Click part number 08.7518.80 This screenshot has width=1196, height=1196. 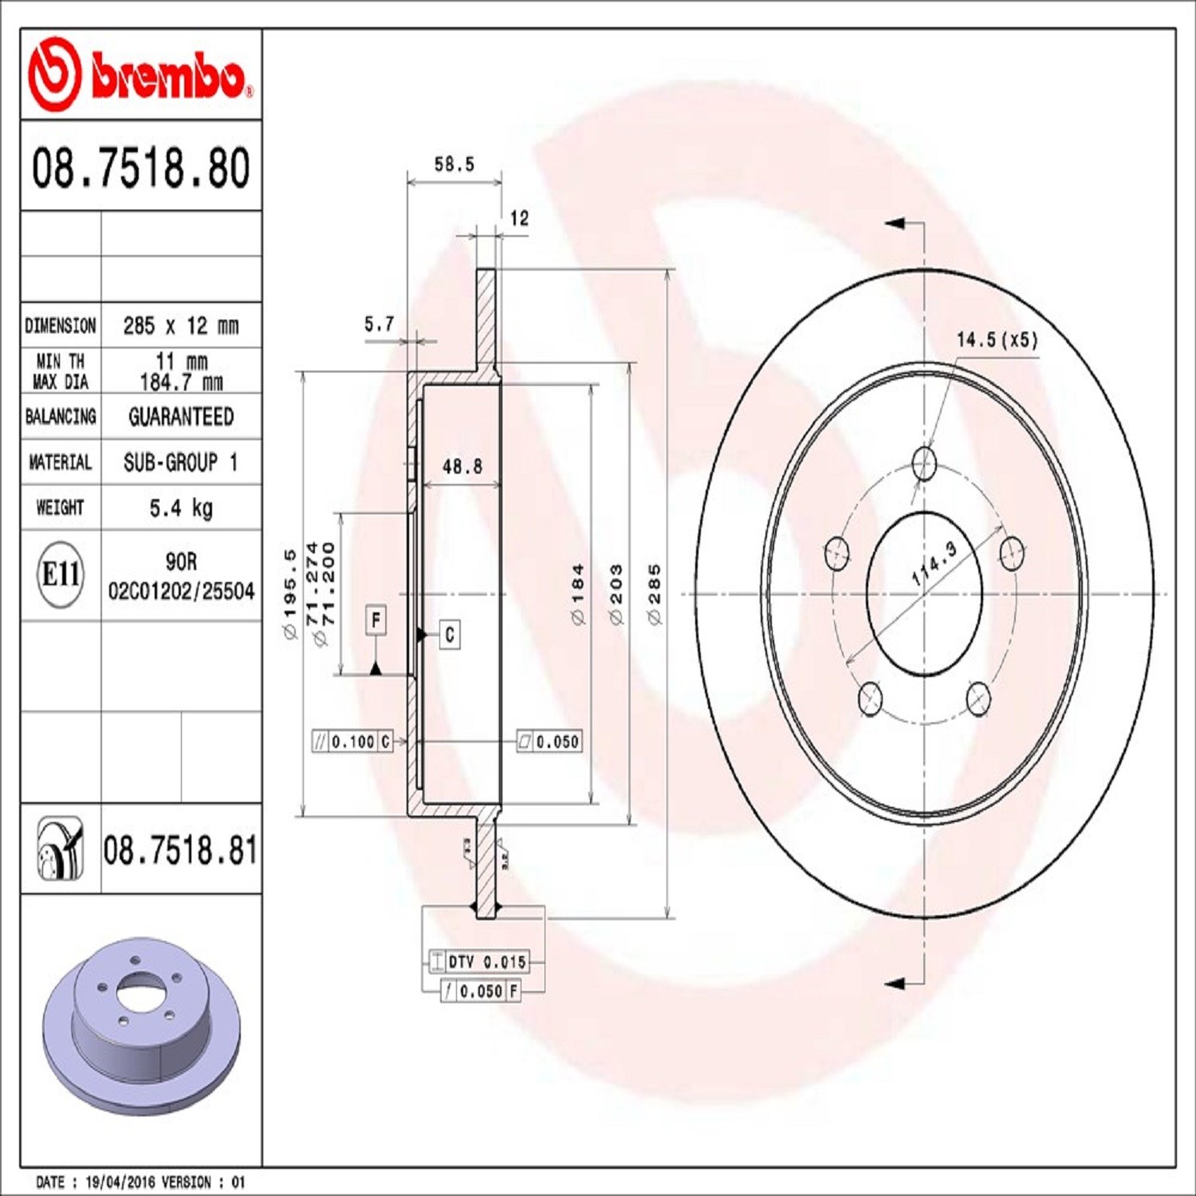click(x=141, y=167)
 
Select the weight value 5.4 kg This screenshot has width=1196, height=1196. click(x=181, y=508)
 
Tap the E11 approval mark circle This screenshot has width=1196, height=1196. click(x=61, y=573)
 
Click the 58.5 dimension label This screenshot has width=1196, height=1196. click(x=454, y=164)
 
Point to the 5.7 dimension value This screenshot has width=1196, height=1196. click(x=379, y=324)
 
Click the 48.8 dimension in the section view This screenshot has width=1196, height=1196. click(x=462, y=466)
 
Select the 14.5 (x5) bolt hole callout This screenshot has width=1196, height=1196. click(x=997, y=340)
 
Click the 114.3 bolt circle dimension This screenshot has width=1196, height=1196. click(x=934, y=565)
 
